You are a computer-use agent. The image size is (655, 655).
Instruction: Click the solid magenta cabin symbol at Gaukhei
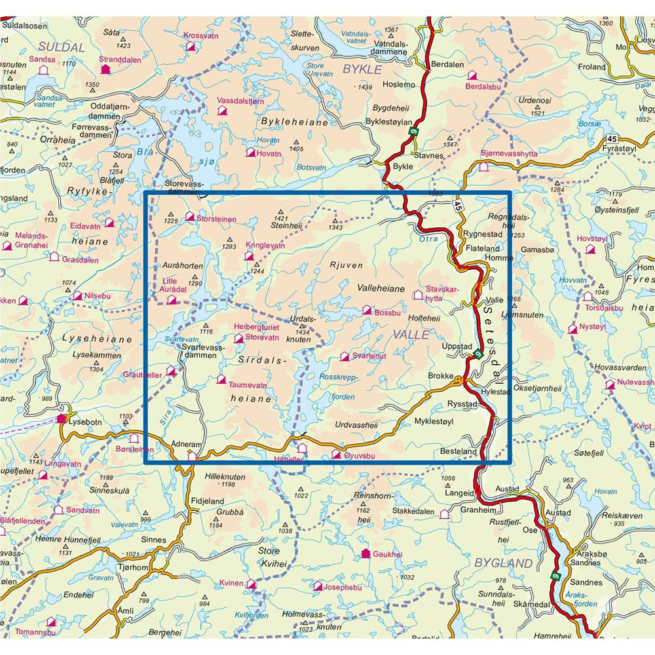tap(365, 554)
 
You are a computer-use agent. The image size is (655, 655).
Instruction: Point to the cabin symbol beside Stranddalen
tap(105, 68)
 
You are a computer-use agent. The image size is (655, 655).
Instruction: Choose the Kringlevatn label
tap(265, 246)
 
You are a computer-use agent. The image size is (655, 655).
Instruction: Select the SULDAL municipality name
tap(62, 47)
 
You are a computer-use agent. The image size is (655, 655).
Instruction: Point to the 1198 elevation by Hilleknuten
tap(229, 485)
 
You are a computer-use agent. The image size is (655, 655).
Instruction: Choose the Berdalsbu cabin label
tap(484, 86)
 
